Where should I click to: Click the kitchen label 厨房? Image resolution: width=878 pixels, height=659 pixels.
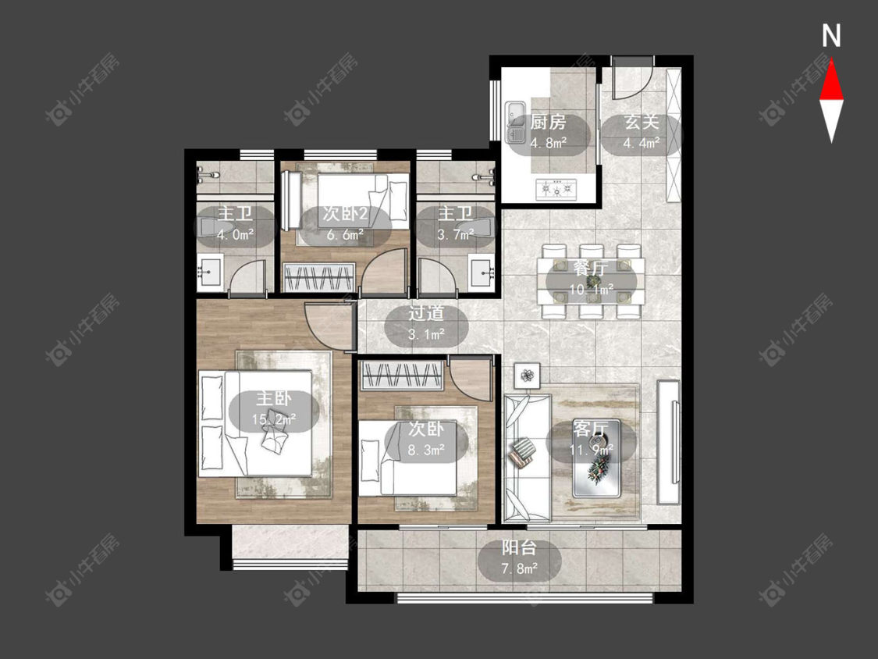pyautogui.click(x=548, y=122)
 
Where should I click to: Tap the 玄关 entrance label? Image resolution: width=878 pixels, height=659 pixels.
pyautogui.click(x=642, y=122)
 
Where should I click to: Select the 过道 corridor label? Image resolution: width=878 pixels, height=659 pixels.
pyautogui.click(x=426, y=312)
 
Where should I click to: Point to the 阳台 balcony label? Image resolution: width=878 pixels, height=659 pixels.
pyautogui.click(x=519, y=547)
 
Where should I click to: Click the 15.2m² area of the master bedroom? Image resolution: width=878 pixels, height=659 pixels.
pyautogui.click(x=274, y=419)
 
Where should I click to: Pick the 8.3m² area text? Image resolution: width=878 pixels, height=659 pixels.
pyautogui.click(x=426, y=450)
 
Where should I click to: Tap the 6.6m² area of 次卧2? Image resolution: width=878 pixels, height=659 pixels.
pyautogui.click(x=346, y=234)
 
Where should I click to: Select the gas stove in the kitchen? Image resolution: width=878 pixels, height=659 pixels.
pyautogui.click(x=556, y=189)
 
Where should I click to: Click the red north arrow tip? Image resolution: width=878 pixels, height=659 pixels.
pyautogui.click(x=831, y=61)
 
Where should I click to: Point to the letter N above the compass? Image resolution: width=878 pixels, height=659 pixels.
pyautogui.click(x=831, y=36)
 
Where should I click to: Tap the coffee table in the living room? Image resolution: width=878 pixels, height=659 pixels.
pyautogui.click(x=596, y=458)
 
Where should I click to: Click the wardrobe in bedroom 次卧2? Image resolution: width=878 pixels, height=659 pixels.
pyautogui.click(x=318, y=277)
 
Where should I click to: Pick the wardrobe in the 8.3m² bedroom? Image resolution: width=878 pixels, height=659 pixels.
pyautogui.click(x=402, y=376)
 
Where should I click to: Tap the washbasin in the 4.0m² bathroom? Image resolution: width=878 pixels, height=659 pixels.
pyautogui.click(x=210, y=273)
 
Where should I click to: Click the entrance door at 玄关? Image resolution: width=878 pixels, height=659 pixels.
pyautogui.click(x=631, y=78)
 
